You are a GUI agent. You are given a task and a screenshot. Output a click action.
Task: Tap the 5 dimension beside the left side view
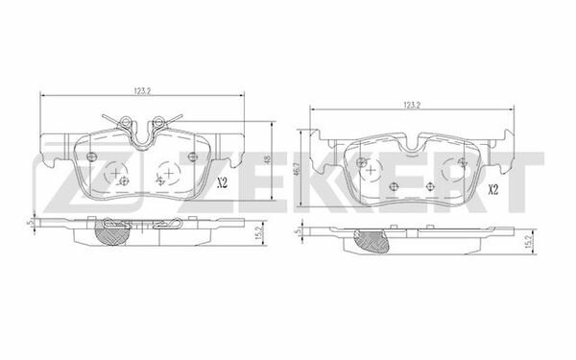[32, 223]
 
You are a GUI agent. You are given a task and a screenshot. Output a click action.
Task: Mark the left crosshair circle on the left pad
[118, 174]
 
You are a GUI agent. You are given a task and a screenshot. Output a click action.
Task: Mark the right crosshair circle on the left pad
[168, 174]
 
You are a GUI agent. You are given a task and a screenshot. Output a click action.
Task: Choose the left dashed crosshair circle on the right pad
[393, 180]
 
